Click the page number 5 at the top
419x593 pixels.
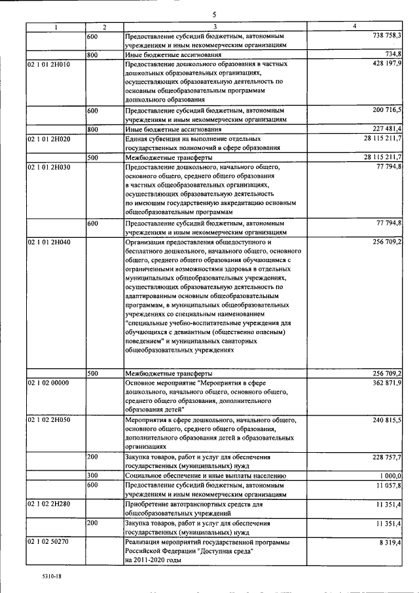tap(214, 14)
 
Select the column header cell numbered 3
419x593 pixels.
tap(215, 27)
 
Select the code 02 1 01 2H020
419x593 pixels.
tap(48, 139)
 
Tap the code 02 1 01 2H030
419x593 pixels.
tap(48, 168)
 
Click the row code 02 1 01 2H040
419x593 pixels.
tap(48, 242)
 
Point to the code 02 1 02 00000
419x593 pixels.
tap(48, 383)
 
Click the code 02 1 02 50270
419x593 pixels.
tap(48, 543)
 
